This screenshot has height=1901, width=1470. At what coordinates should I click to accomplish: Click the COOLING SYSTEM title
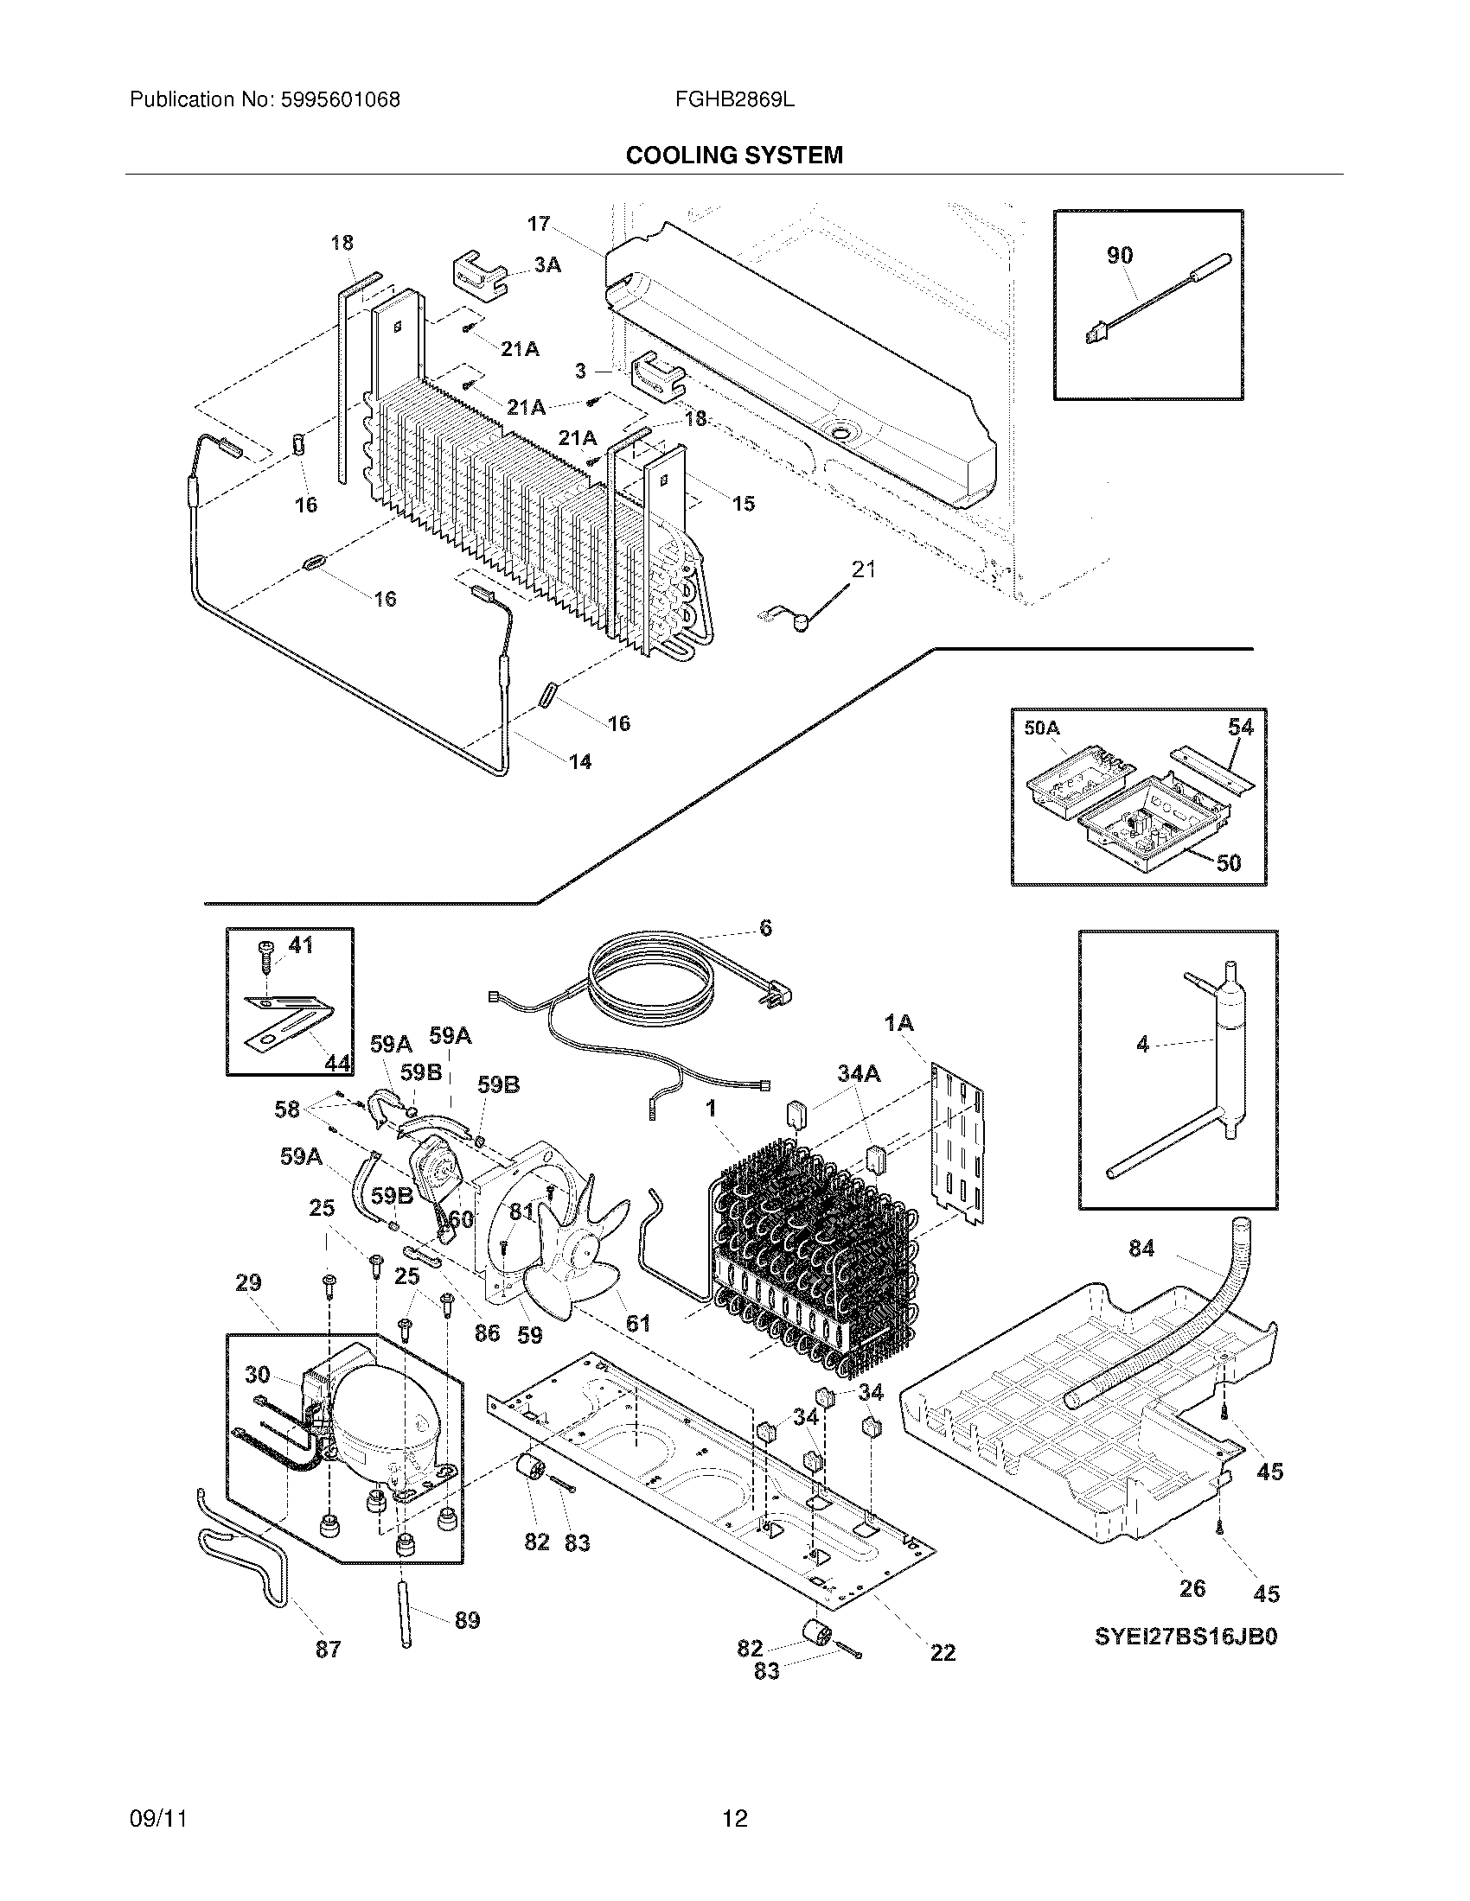(734, 156)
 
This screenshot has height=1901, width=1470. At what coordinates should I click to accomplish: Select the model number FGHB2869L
(734, 100)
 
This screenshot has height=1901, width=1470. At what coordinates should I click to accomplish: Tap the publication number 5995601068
(340, 100)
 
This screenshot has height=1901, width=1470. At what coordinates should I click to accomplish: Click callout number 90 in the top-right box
(1120, 255)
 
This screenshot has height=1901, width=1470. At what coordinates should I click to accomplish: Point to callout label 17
(538, 224)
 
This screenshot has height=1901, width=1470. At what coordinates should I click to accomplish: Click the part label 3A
(546, 264)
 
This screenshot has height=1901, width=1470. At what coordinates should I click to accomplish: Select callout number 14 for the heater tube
(580, 761)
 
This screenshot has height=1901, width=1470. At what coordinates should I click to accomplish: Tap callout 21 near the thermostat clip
(863, 569)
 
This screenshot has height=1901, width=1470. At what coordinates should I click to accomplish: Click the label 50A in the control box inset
(1042, 728)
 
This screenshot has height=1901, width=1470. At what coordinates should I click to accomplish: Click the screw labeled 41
(299, 944)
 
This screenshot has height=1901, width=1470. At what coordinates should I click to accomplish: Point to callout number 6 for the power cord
(765, 928)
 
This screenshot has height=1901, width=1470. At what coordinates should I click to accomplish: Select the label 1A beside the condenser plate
(898, 1024)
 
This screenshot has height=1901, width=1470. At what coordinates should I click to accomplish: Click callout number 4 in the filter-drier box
(1142, 1044)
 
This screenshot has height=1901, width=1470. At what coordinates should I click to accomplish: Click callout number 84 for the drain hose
(1141, 1249)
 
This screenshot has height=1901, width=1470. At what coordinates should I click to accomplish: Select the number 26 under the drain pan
(1192, 1587)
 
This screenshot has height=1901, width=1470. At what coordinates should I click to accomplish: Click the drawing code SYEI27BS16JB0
(1186, 1637)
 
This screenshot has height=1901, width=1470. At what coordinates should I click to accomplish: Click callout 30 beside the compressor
(257, 1375)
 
